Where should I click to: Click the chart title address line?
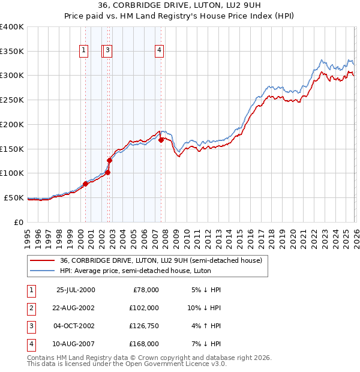(180, 5)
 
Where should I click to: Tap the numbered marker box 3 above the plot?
(107, 50)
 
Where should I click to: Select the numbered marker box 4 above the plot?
(160, 50)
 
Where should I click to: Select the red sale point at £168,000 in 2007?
(161, 140)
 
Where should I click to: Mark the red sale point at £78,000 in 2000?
(86, 184)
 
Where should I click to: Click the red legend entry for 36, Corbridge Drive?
(161, 261)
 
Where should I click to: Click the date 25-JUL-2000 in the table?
(75, 290)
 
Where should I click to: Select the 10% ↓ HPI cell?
(204, 308)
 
